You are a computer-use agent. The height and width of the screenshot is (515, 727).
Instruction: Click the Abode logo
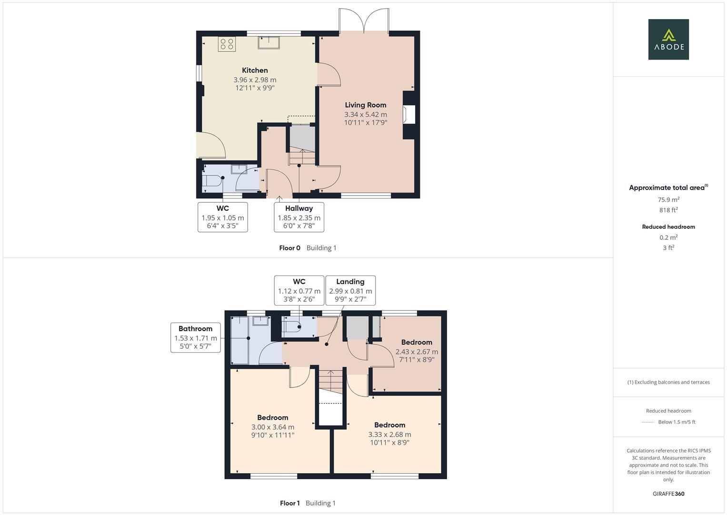668,40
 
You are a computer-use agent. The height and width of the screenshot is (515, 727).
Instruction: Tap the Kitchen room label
255,71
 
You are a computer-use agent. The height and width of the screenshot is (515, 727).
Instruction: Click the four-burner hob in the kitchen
227,44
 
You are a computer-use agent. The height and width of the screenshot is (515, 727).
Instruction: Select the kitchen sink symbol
269,42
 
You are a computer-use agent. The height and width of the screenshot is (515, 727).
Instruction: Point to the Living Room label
366,105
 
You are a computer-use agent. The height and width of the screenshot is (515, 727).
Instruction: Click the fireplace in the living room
408,115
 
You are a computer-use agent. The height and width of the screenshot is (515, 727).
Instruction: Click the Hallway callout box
299,217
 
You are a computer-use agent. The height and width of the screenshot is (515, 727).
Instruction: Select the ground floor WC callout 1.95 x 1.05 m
222,217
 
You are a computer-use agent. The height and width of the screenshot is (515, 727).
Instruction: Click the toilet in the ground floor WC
211,181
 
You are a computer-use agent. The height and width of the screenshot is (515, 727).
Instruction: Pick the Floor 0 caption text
289,248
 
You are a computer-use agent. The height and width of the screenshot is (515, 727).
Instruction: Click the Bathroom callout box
195,338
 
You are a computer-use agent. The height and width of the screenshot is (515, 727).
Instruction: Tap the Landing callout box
350,290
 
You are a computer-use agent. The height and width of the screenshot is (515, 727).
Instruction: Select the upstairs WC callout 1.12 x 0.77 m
299,290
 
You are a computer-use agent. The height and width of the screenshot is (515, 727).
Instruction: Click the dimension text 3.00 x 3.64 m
273,427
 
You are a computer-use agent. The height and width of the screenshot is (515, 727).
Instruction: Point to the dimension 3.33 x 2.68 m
389,434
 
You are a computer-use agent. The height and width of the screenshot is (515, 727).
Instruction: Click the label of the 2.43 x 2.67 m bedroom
417,342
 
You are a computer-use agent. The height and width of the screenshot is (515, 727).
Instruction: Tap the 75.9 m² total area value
668,200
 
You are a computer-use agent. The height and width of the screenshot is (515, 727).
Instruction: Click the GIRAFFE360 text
668,494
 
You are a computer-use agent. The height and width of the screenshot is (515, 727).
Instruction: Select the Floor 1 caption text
290,503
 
